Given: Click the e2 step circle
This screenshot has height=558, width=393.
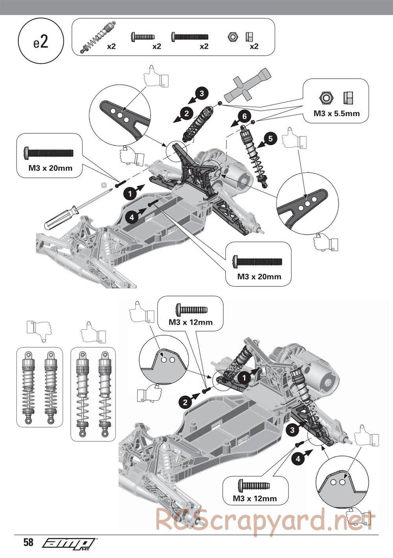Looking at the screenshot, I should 40,42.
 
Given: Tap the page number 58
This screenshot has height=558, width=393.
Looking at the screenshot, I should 28,543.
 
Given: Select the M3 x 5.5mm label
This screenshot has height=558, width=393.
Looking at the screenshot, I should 336,114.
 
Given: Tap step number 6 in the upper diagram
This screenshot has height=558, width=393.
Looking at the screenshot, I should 244,116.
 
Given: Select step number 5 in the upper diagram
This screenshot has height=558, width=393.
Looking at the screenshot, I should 270,138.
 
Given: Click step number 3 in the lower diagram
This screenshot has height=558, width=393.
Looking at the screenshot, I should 292,430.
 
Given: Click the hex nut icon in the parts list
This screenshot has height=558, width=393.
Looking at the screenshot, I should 232,37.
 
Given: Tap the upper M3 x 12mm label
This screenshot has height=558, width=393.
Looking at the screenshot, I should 190,322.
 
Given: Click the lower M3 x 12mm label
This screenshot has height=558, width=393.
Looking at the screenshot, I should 255,498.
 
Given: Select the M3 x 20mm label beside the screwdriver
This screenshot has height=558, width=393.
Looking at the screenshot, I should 50,168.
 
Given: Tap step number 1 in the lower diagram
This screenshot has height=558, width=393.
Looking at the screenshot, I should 244,378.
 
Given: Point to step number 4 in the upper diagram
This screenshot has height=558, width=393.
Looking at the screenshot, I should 132,217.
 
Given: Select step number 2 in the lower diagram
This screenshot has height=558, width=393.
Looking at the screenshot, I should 185,402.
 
